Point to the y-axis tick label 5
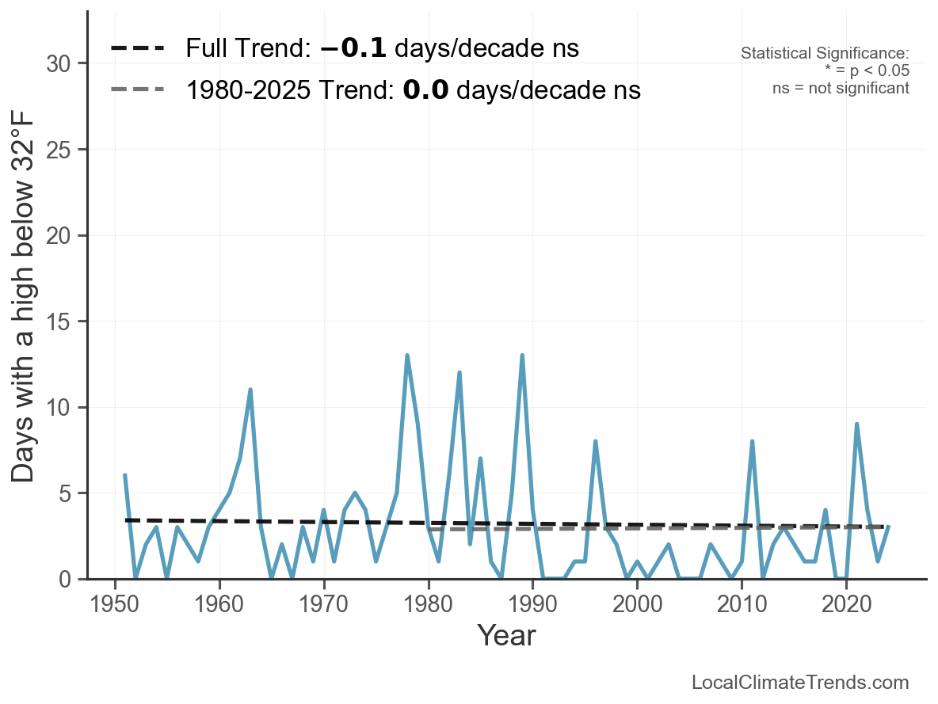coord(67,493)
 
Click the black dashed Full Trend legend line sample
coord(138,48)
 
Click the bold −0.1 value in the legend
coord(353,48)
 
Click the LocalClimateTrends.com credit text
coord(800,683)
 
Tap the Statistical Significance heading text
coord(825,54)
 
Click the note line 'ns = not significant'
coord(841,88)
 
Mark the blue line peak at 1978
coord(407,356)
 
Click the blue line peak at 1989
coord(522,356)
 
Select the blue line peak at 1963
coord(250,390)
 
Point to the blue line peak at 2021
coord(856,424)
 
